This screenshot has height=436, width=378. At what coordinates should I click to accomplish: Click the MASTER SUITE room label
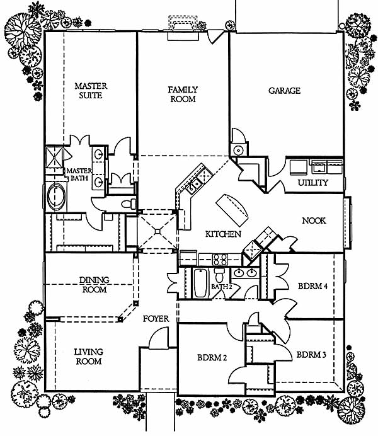tap(91, 90)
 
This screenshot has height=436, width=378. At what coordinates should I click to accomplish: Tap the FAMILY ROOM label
tap(183, 95)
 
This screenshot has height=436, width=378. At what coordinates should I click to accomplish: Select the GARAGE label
tap(284, 91)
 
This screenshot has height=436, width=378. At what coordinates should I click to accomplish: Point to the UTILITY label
tap(312, 183)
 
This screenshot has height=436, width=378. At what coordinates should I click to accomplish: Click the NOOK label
tap(313, 221)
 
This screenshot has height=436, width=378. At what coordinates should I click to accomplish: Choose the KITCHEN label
tap(224, 234)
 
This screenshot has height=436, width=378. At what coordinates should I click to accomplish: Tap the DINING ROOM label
tap(93, 285)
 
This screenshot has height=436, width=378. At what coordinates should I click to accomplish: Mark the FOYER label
tap(156, 319)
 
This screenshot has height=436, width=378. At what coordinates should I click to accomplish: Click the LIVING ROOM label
tap(89, 357)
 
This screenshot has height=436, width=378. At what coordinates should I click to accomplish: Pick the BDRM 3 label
tap(311, 355)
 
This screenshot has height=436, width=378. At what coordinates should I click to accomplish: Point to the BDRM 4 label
tap(312, 285)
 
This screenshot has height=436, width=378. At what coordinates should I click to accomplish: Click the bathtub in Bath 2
tap(199, 282)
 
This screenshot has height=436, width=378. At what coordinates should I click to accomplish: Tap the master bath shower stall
tap(55, 158)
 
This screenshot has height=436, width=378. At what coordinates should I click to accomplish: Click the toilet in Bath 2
tap(220, 275)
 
